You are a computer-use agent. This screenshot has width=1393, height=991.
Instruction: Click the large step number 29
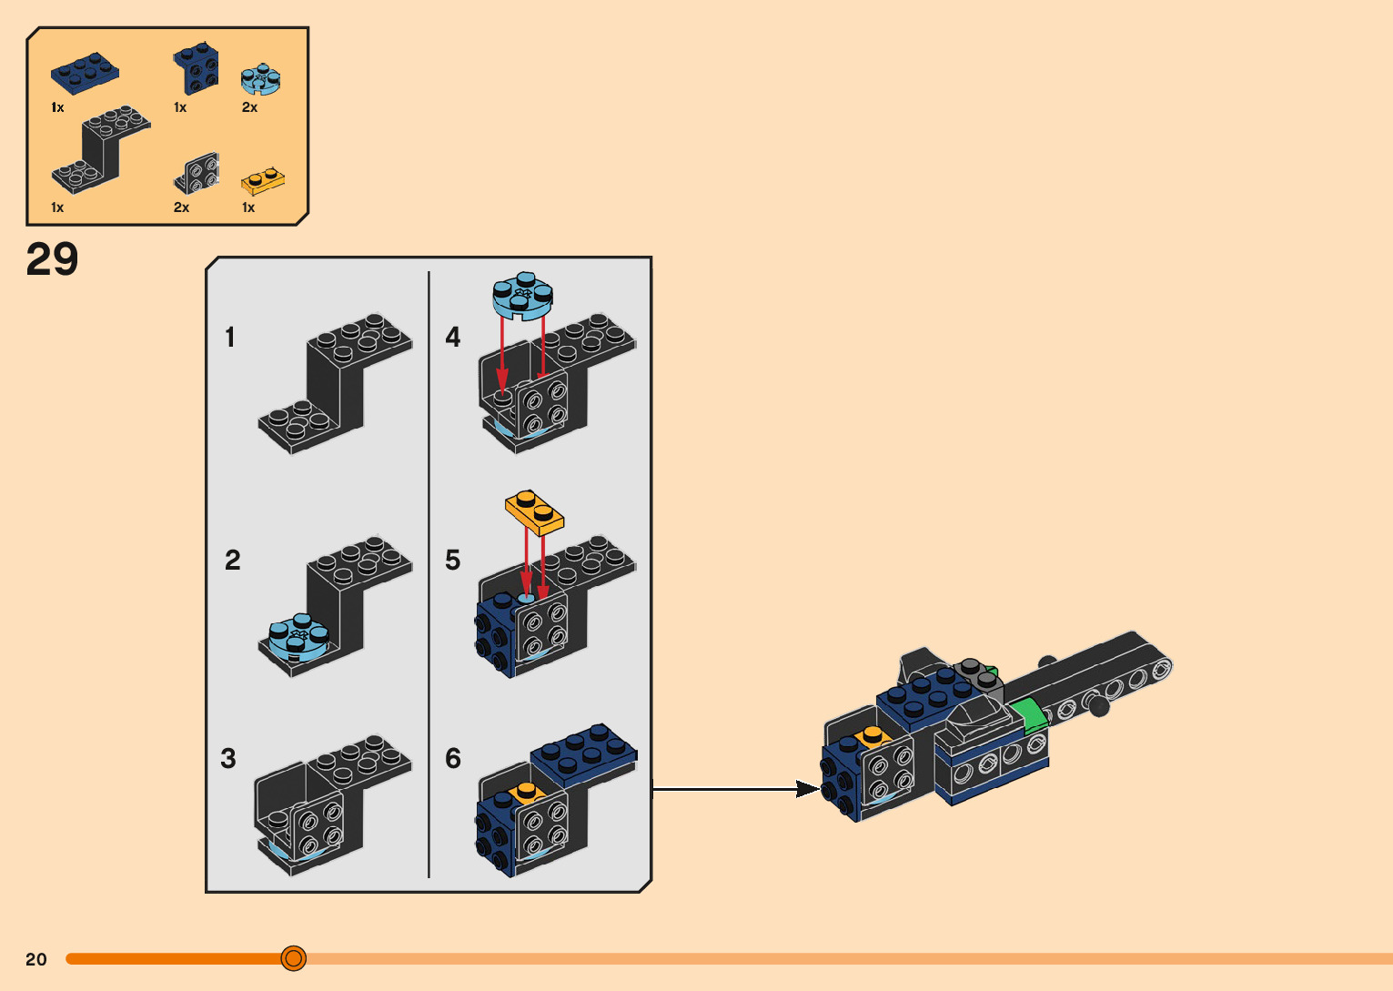pyautogui.click(x=52, y=259)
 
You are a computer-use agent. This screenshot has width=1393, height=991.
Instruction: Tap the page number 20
pyautogui.click(x=36, y=959)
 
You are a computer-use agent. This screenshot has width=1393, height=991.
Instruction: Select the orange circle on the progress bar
pyautogui.click(x=293, y=958)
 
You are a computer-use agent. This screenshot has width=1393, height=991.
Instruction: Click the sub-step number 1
pyautogui.click(x=230, y=338)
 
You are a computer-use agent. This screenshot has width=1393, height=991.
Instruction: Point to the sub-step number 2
pyautogui.click(x=233, y=560)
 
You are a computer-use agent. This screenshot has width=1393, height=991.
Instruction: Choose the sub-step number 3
pyautogui.click(x=228, y=758)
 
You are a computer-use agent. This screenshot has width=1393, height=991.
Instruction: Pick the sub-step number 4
pyautogui.click(x=453, y=338)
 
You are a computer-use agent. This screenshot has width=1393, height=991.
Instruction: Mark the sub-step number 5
pyautogui.click(x=453, y=560)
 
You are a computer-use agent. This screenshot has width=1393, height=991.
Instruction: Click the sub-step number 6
pyautogui.click(x=453, y=758)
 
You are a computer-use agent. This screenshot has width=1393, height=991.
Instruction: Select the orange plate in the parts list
pyautogui.click(x=262, y=182)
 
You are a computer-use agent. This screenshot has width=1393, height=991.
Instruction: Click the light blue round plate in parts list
pyautogui.click(x=260, y=80)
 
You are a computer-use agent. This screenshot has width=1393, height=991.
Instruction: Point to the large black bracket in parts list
pyautogui.click(x=100, y=150)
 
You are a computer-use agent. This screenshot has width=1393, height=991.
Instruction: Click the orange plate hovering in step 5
pyautogui.click(x=535, y=511)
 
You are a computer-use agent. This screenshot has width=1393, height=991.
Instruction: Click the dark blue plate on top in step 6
pyautogui.click(x=583, y=754)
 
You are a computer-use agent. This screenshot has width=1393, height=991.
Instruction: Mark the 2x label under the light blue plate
pyautogui.click(x=249, y=107)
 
